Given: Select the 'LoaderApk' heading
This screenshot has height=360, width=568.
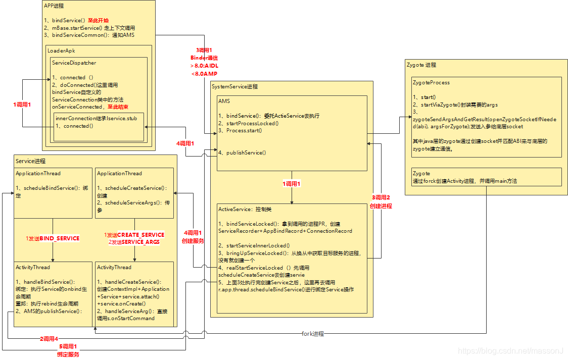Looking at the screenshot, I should point(61,50).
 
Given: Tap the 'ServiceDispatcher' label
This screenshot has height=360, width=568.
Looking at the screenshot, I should point(74,63).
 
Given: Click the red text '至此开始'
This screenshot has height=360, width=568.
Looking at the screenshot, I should point(98,21).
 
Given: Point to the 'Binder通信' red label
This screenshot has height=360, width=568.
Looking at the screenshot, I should point(204,58).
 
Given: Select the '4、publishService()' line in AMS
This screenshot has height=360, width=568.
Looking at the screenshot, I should point(242,152).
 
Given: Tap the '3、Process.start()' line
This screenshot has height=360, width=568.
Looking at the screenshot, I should point(240,130).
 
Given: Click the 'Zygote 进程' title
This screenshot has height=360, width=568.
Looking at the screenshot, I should point(421,65).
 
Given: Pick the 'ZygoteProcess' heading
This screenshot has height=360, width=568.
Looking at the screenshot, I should point(431,82).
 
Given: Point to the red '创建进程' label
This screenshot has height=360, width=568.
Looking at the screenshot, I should point(381,206).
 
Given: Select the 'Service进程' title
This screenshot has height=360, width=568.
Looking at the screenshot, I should point(30,161).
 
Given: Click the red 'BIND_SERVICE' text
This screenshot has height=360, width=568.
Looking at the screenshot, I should point(59,238).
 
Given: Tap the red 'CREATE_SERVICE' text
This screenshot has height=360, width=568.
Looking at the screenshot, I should point(140,235).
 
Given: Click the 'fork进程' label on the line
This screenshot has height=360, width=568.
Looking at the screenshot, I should point(312,334).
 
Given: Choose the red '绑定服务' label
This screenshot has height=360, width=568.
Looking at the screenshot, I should point(68,354).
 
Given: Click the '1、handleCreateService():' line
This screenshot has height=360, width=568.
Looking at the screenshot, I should point(129,282).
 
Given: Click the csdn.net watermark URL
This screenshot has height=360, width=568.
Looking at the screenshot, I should point(510,350).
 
